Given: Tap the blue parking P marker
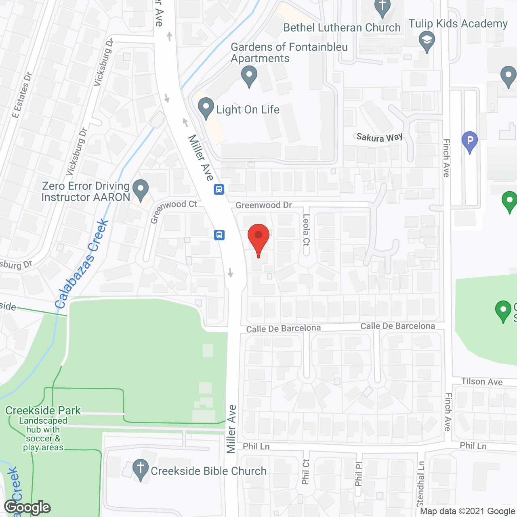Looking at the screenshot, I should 470,141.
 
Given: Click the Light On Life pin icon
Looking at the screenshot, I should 206,108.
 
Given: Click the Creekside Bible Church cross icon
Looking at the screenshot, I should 140,469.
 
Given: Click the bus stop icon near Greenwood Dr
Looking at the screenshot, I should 219,189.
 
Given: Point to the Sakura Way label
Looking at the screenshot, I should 379,137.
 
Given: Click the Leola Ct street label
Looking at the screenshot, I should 306,230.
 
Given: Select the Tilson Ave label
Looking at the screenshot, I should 482,381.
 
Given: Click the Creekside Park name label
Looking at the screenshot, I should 43,410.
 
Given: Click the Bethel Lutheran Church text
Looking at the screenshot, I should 342,27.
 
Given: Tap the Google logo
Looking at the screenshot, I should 27,507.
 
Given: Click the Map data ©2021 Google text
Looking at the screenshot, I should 467,511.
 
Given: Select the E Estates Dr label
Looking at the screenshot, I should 22,95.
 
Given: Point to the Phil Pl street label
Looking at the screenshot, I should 359,473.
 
